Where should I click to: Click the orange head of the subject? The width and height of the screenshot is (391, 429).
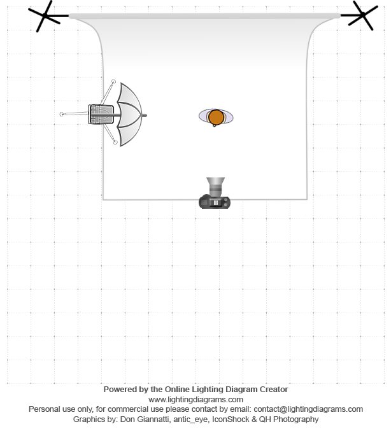click(216, 117)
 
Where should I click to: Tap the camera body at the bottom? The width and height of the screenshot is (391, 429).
click(215, 202)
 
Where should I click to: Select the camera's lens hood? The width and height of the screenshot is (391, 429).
click(215, 181)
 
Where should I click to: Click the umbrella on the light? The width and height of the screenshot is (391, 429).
click(129, 115)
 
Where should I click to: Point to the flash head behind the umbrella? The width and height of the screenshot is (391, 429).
click(101, 115)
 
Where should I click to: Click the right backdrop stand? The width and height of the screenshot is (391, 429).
click(362, 15)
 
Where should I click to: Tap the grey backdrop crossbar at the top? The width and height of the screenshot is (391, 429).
click(204, 16)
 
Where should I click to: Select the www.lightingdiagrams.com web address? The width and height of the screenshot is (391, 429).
click(195, 400)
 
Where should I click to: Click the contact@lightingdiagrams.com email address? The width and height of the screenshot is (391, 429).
click(308, 409)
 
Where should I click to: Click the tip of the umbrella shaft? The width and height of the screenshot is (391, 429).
click(146, 115)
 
